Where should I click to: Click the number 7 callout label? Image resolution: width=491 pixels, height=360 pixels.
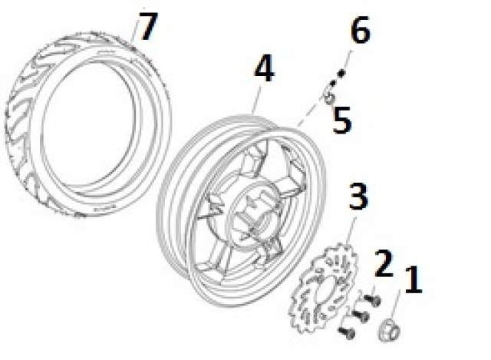click(148, 26)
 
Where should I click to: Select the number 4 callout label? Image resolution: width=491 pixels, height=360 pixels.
click(265, 68)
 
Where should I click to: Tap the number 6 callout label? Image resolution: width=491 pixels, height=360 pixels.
click(361, 29)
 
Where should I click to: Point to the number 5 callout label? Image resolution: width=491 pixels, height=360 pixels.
click(342, 120)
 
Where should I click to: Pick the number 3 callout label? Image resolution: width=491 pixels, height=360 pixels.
click(358, 197)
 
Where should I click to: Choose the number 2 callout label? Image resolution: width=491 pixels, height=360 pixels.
click(384, 263)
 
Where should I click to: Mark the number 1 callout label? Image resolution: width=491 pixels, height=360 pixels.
click(414, 279)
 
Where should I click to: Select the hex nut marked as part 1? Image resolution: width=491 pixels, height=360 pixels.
click(390, 330)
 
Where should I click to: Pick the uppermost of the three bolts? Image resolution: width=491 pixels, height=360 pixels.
click(373, 299)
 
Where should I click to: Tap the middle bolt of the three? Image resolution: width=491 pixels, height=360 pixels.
click(361, 315)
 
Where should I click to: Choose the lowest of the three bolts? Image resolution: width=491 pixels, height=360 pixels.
click(347, 332)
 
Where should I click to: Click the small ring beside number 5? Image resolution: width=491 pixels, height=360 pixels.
click(329, 99)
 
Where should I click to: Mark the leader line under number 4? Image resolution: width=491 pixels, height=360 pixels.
click(257, 100)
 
